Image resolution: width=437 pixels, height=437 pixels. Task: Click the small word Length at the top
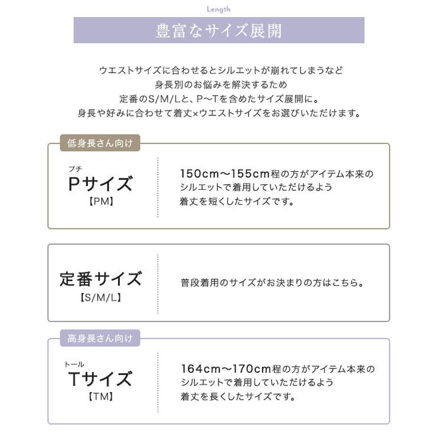(218, 9)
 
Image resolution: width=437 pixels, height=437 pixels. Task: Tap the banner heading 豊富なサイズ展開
(218, 30)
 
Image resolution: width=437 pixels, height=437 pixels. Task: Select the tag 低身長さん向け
(100, 143)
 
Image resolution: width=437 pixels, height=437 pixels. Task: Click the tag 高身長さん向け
(100, 338)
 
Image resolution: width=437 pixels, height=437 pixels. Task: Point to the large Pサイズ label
(100, 184)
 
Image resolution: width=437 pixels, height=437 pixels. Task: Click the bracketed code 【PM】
(101, 201)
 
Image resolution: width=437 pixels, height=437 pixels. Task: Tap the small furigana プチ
(75, 169)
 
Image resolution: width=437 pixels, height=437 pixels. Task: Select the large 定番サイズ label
(100, 279)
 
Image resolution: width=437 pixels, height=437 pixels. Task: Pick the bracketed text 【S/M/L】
(100, 298)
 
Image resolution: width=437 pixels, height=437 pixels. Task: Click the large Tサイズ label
(100, 379)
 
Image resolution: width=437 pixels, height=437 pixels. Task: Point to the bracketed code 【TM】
(100, 397)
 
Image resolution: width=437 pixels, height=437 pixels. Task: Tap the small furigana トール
(74, 364)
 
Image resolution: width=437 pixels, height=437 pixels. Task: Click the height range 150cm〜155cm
(224, 174)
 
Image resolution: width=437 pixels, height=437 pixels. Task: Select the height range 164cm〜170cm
(226, 368)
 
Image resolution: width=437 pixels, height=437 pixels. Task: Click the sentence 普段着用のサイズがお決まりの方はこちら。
(272, 283)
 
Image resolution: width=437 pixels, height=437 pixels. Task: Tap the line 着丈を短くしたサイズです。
(237, 201)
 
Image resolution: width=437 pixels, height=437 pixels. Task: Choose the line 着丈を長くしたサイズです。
(238, 396)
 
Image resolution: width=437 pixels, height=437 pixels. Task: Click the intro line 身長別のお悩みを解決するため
(221, 84)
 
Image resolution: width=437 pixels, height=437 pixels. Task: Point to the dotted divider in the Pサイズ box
(158, 187)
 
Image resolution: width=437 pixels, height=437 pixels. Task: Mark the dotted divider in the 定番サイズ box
(158, 283)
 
